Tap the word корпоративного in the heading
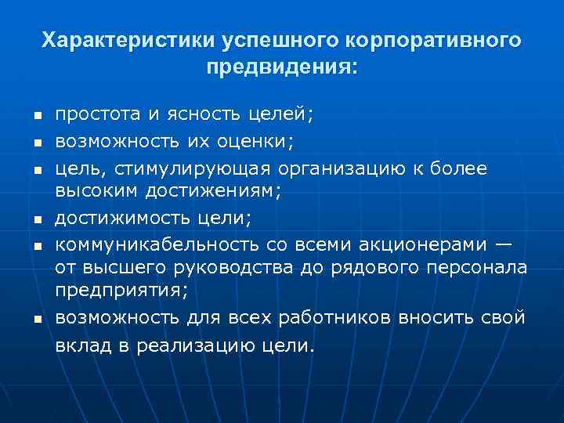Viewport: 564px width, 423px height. pos(430,40)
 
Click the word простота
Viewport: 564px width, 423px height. pos(97,115)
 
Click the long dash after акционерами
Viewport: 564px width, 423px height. pos(504,244)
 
